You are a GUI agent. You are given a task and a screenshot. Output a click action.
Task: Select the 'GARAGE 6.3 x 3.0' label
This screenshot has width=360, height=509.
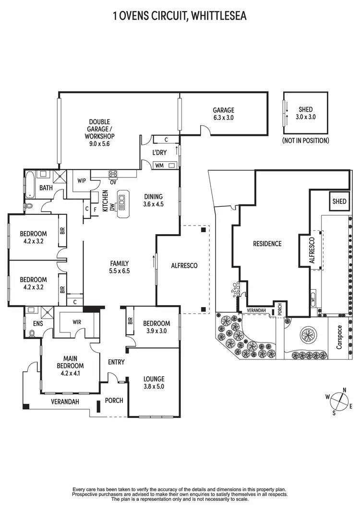tap(224, 114)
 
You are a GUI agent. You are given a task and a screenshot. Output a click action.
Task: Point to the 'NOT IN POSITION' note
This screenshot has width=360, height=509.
tap(306, 141)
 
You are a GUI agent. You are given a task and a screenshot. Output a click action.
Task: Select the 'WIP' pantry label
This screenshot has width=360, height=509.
tap(82, 181)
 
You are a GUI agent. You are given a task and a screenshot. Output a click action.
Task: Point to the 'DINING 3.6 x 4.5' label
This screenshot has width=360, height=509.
tap(154, 200)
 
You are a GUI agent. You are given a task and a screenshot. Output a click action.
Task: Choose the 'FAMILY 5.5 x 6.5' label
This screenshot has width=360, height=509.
tap(120, 267)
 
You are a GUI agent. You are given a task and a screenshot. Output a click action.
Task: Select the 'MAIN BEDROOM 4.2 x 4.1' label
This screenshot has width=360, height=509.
tap(70, 364)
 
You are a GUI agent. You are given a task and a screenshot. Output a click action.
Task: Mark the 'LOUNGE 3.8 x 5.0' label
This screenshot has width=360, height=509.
tap(154, 382)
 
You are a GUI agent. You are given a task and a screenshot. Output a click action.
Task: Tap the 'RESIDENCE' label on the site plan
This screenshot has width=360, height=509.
tap(267, 244)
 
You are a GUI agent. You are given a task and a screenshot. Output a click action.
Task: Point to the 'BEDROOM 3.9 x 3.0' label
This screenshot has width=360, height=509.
tap(156, 327)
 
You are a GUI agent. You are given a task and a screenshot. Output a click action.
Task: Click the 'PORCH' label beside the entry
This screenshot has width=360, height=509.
tap(114, 401)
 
